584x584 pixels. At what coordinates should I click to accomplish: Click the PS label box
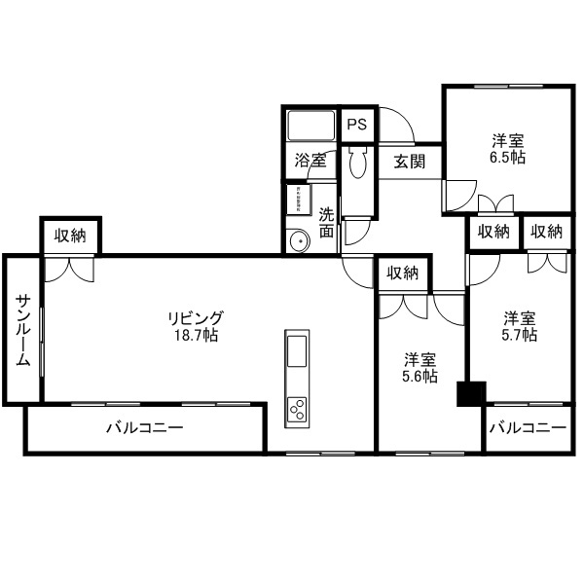(x=357, y=125)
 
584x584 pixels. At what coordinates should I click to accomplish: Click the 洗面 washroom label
(x=326, y=223)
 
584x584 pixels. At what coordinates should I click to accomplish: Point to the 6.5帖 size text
(x=507, y=157)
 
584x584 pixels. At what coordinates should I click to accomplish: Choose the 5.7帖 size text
(x=520, y=335)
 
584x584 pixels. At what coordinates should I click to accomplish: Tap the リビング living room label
(x=196, y=317)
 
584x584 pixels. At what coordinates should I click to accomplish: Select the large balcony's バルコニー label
(x=144, y=427)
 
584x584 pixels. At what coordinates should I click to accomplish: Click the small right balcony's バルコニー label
(x=527, y=427)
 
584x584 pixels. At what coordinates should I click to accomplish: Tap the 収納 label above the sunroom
(x=70, y=236)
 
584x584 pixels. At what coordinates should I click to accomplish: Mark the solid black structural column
(x=471, y=393)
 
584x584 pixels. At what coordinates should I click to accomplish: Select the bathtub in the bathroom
(x=310, y=127)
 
